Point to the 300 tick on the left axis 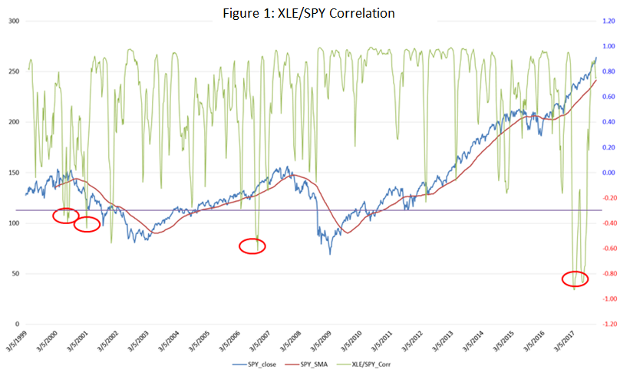point(12,21)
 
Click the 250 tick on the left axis point(12,71)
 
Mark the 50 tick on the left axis point(14,274)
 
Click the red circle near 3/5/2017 point(575,279)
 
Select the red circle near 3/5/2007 point(252,246)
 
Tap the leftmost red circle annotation point(66,216)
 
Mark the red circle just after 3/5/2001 point(87,224)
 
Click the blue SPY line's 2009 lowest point point(330,253)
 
